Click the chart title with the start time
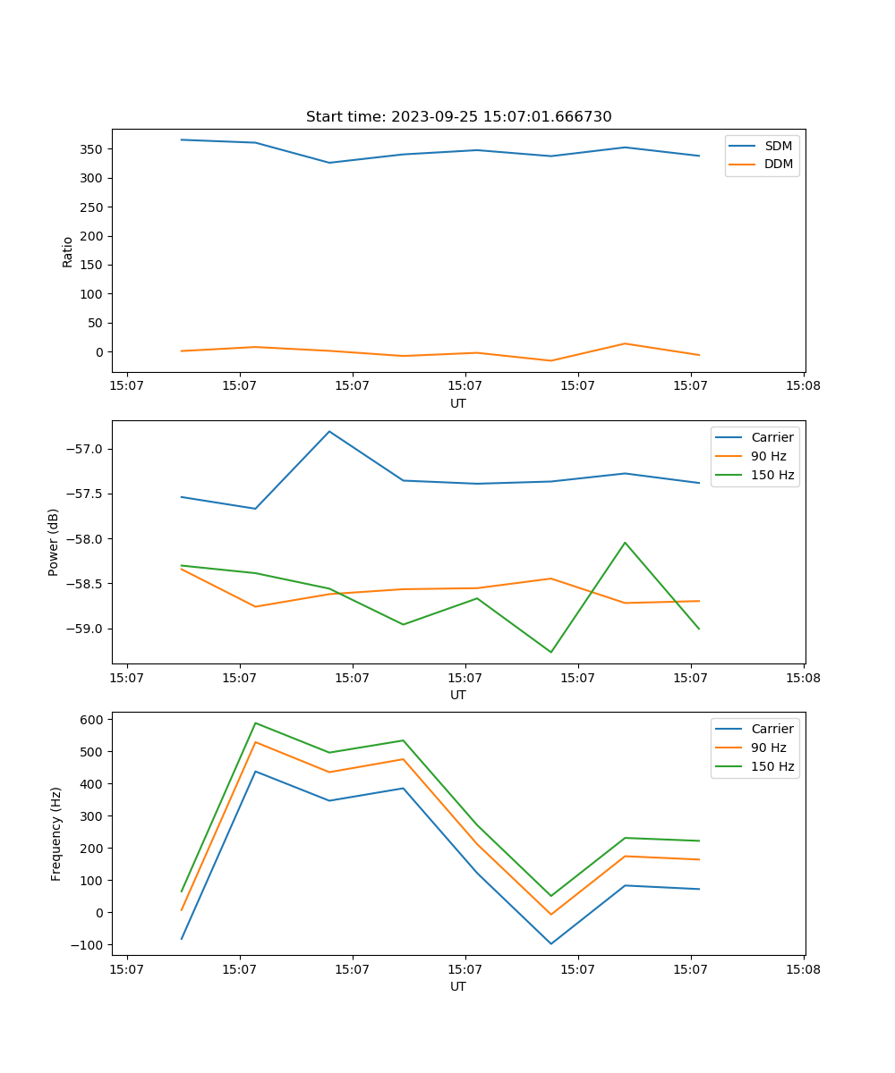coord(458,117)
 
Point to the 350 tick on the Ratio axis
coord(93,149)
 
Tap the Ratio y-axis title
coord(68,251)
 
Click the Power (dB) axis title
coord(54,542)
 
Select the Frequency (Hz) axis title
coord(56,833)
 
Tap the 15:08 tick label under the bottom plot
coord(803,967)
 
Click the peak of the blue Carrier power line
coord(329,431)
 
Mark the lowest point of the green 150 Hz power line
coord(551,652)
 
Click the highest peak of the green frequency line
coord(256,722)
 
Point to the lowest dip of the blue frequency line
coord(551,943)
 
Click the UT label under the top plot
coord(458,403)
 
